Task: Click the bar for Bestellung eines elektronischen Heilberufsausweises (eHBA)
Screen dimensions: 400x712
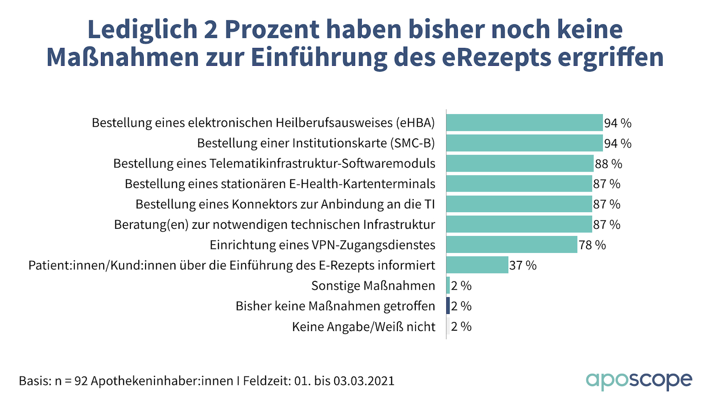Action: pos(524,123)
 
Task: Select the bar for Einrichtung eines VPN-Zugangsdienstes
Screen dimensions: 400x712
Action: pos(512,245)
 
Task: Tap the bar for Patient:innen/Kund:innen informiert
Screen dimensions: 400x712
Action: pos(477,265)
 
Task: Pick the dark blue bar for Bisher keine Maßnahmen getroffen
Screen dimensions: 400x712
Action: pos(448,306)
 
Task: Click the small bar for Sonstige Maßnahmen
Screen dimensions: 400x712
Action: pos(448,285)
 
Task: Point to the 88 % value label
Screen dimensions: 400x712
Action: pos(608,164)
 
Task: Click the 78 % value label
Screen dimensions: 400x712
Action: pos(592,245)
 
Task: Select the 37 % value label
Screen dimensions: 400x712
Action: pos(523,266)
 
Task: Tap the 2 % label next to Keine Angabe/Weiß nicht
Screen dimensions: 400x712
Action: pos(461,327)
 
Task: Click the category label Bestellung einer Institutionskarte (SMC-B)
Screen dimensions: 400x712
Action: pos(316,143)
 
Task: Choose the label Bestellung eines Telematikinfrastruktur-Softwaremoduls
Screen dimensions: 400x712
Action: pos(274,164)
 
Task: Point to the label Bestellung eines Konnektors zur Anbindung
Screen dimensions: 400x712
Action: pos(285,204)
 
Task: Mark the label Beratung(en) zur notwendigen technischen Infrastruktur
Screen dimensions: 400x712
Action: pos(275,225)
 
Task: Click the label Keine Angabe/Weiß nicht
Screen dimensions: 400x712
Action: pos(364,327)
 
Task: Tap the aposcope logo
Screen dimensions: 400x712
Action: pos(639,380)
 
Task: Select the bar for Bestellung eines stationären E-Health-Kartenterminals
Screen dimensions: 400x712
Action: pos(519,184)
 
